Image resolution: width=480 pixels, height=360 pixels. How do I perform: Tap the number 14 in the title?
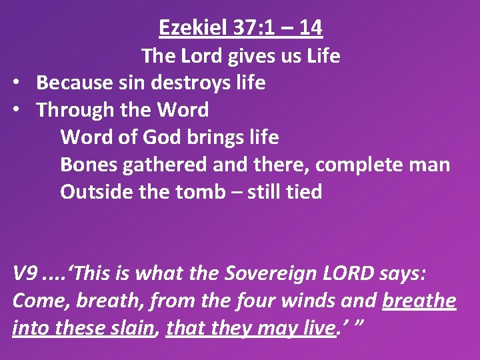pyautogui.click(x=310, y=27)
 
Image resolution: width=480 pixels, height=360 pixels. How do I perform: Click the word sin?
pyautogui.click(x=122, y=83)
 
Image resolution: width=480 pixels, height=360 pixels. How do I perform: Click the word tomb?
pyautogui.click(x=201, y=192)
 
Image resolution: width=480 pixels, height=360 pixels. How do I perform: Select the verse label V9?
pyautogui.click(x=25, y=273)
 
